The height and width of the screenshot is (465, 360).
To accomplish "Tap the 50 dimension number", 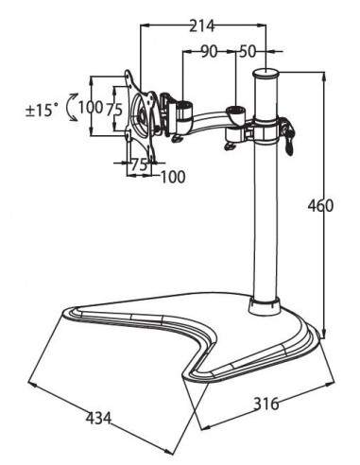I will point(249,50).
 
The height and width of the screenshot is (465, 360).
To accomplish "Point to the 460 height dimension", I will point(318,206).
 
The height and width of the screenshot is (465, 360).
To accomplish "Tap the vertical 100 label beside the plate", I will point(90,108).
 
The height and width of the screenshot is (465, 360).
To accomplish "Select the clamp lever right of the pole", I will point(287,137).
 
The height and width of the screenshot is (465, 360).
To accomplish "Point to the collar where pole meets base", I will point(264,305).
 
